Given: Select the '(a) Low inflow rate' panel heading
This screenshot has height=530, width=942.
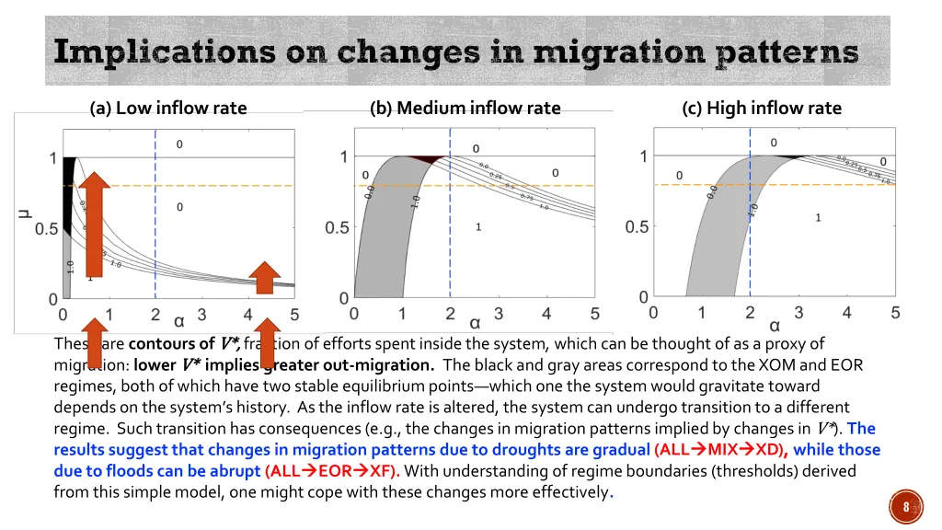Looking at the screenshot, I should tap(168, 108).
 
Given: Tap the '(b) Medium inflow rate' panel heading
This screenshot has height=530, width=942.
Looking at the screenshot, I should tap(465, 108).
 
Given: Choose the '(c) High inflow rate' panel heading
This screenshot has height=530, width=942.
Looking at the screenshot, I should tap(762, 108).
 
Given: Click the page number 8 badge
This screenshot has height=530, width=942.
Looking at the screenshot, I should tap(905, 506).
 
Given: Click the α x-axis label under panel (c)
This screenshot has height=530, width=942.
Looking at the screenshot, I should tap(775, 325).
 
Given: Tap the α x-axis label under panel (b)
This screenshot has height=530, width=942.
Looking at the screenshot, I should tap(475, 323).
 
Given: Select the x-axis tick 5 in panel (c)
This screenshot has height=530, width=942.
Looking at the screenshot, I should tap(895, 313).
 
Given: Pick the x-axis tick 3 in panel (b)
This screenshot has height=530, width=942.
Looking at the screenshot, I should tap(499, 314).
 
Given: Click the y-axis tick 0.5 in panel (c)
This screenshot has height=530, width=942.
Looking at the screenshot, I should tap(638, 226).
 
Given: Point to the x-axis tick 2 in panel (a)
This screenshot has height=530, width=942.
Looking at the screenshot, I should tap(155, 315).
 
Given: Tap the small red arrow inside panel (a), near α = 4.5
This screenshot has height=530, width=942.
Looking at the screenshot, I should tap(265, 278).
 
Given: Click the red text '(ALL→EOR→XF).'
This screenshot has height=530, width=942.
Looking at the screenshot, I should tap(333, 471).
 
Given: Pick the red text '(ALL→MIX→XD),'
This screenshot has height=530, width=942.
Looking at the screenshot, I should tap(720, 450).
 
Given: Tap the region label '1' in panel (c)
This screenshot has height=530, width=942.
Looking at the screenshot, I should tap(818, 218).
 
